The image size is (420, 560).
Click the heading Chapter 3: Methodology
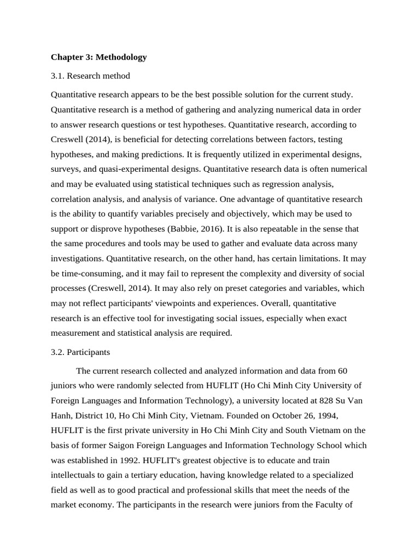point(98,57)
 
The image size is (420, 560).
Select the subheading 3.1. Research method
point(90,75)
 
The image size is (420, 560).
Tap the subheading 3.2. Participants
point(80,352)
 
